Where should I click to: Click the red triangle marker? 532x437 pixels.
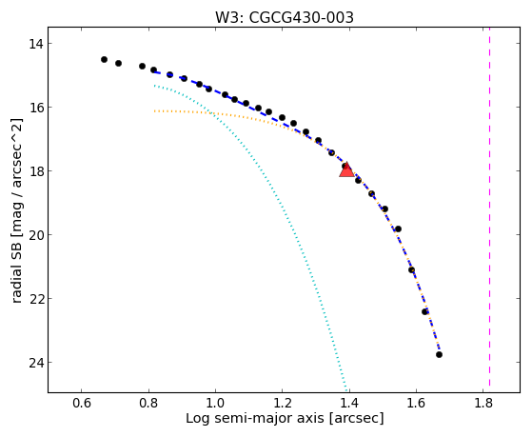click(346, 169)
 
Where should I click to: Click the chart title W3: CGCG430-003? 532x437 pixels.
click(285, 18)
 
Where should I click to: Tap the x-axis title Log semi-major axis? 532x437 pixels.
click(285, 418)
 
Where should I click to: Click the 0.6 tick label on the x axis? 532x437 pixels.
click(82, 403)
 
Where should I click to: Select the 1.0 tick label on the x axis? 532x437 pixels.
click(215, 403)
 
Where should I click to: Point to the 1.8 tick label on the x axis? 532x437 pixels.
click(483, 403)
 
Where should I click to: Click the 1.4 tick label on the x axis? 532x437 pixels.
click(349, 403)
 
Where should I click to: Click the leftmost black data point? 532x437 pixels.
click(104, 59)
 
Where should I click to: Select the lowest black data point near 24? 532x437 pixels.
click(439, 354)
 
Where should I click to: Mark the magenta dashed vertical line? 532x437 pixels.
click(489, 207)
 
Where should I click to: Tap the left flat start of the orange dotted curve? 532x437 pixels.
click(155, 111)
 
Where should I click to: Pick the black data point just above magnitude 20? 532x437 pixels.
click(398, 229)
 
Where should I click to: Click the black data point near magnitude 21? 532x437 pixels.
click(411, 270)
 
